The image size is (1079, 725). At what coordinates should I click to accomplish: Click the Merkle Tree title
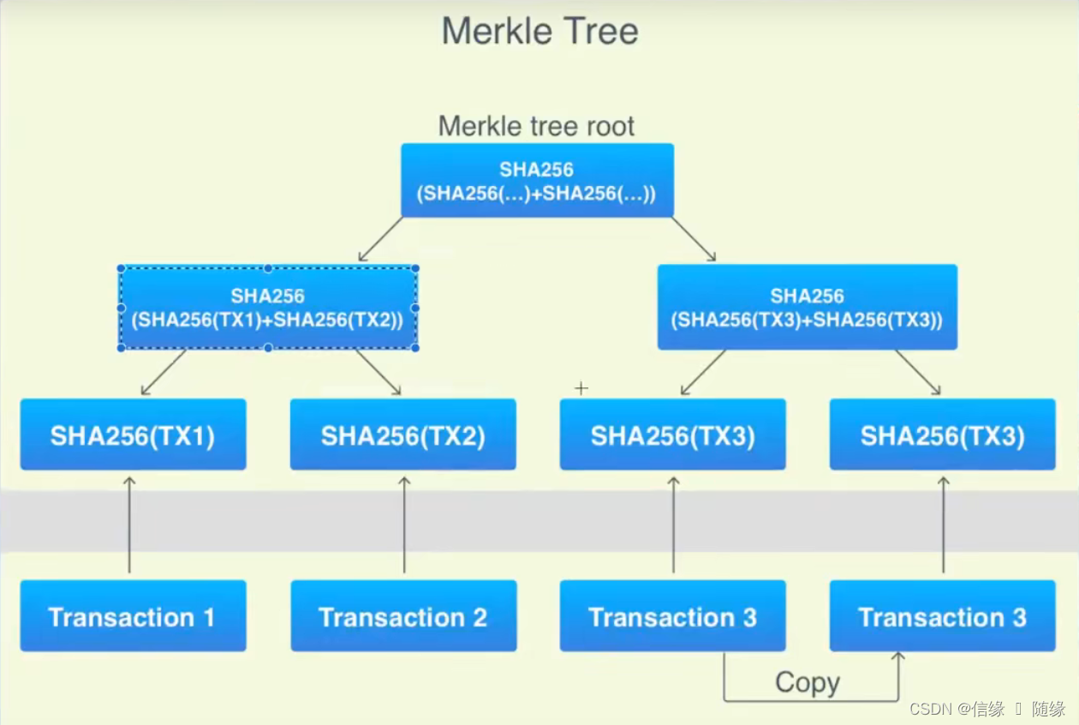(x=539, y=32)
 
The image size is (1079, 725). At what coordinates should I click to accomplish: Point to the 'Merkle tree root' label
(x=536, y=127)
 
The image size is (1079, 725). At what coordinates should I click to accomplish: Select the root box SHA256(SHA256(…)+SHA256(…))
(x=537, y=181)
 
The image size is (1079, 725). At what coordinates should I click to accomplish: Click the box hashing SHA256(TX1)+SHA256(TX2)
(x=268, y=308)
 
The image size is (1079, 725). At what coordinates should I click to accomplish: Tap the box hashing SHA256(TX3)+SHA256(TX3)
(x=807, y=308)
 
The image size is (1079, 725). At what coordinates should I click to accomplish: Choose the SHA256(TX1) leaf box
(x=133, y=434)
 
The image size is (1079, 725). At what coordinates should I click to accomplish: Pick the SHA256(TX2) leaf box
(x=402, y=434)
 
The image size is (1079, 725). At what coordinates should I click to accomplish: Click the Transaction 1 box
(x=133, y=616)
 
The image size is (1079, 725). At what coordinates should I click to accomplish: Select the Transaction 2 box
(x=402, y=616)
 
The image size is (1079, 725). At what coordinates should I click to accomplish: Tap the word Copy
(x=808, y=683)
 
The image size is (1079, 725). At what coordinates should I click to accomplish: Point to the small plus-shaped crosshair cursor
(x=581, y=388)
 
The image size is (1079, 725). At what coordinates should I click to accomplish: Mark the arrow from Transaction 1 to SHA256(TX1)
(x=129, y=524)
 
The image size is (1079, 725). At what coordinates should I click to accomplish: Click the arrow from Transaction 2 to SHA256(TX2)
(x=404, y=524)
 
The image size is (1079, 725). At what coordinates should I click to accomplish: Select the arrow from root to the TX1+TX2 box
(x=381, y=239)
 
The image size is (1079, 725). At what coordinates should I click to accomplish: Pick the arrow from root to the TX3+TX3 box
(x=693, y=239)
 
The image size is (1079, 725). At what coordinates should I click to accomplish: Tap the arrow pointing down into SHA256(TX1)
(x=164, y=372)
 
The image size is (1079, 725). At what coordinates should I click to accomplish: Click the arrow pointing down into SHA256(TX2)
(x=379, y=372)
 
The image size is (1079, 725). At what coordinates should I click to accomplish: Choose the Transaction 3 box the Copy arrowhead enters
(x=942, y=616)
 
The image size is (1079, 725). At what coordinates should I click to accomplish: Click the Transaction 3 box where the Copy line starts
(x=672, y=616)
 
